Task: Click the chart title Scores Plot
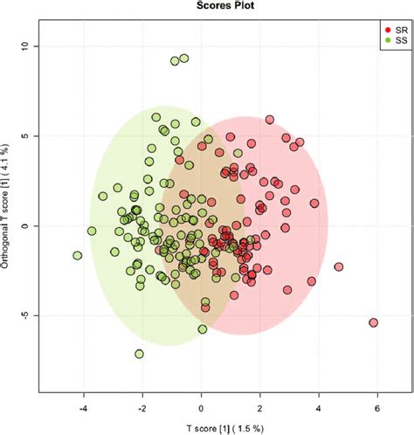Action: pyautogui.click(x=206, y=6)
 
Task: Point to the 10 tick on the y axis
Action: pyautogui.click(x=27, y=45)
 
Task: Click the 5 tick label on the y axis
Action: pyautogui.click(x=27, y=135)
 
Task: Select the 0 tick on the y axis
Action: pyautogui.click(x=27, y=225)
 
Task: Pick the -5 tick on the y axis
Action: pyautogui.click(x=27, y=315)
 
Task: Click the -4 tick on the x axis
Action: pyautogui.click(x=83, y=406)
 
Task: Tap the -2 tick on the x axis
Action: pyautogui.click(x=141, y=406)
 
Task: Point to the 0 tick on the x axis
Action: pyautogui.click(x=201, y=406)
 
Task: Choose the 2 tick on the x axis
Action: pyautogui.click(x=259, y=406)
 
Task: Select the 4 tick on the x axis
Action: pyautogui.click(x=319, y=406)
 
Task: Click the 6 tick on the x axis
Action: pyautogui.click(x=377, y=406)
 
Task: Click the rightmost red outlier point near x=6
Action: pyautogui.click(x=373, y=322)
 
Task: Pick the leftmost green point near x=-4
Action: pyautogui.click(x=78, y=256)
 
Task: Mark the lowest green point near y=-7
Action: pyautogui.click(x=140, y=354)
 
